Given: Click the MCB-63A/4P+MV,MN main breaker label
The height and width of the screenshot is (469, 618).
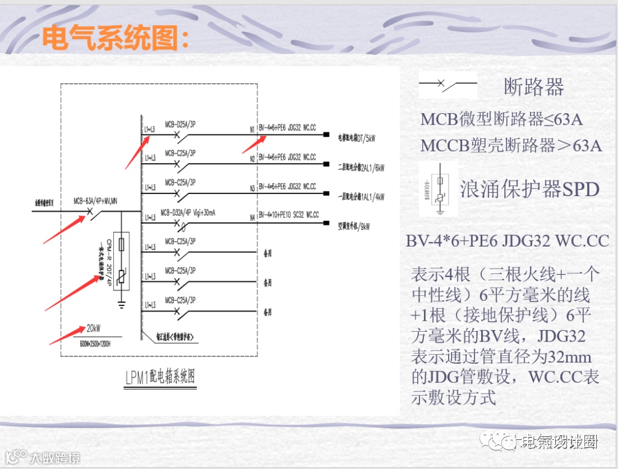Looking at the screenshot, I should pyautogui.click(x=96, y=201).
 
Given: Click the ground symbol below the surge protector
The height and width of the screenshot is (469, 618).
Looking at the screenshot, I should pyautogui.click(x=121, y=305).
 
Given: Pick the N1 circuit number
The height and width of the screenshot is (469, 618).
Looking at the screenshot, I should pyautogui.click(x=252, y=130).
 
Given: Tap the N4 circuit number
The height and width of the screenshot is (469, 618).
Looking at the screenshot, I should pyautogui.click(x=252, y=218).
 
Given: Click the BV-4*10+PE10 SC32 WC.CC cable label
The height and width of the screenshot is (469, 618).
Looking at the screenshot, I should pyautogui.click(x=289, y=215).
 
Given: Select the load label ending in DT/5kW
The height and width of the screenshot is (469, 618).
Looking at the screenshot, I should pyautogui.click(x=357, y=138).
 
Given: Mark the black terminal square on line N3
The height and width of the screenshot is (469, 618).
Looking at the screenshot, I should pyautogui.click(x=326, y=193).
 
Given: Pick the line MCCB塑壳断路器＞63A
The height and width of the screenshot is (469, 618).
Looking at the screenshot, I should pyautogui.click(x=511, y=145).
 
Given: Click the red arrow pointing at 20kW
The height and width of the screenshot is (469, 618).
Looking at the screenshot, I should pyautogui.click(x=66, y=337).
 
